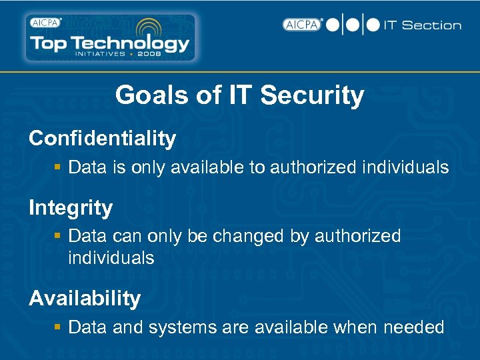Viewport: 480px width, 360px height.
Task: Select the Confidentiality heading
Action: point(102,139)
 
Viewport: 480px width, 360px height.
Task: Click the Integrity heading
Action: point(71,208)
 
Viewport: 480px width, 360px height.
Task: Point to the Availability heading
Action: point(85,298)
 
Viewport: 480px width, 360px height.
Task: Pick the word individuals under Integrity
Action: point(111,258)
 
